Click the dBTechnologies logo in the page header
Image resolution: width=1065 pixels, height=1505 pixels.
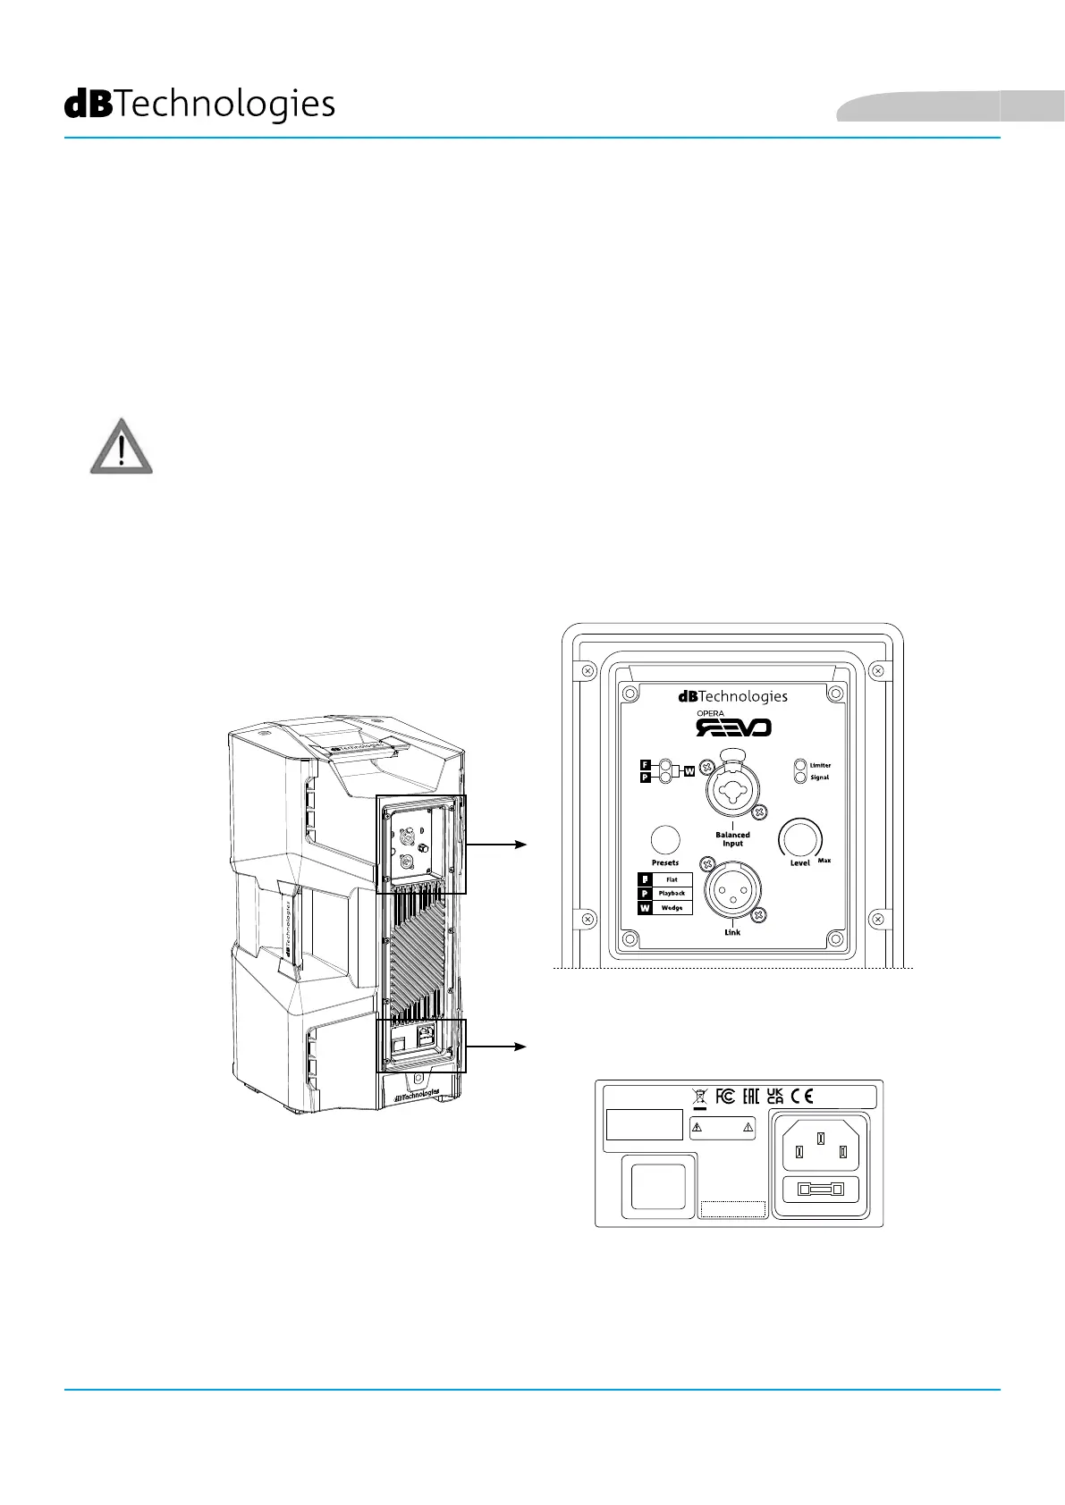(199, 105)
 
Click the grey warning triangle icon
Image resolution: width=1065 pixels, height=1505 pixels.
(122, 446)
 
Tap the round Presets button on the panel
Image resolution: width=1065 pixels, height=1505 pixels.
(664, 839)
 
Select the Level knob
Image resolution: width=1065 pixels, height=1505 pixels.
(799, 838)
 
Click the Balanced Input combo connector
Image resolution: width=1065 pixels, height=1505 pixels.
(732, 788)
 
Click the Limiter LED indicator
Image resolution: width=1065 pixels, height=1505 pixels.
(799, 765)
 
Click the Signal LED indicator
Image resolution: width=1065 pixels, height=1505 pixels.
(799, 778)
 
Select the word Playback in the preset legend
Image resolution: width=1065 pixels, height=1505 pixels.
(672, 893)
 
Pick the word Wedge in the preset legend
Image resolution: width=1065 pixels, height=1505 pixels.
(672, 907)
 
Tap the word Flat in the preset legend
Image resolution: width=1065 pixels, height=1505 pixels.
(672, 879)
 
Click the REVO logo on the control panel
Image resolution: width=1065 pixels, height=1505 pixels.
(733, 727)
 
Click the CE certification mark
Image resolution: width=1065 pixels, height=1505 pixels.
(802, 1097)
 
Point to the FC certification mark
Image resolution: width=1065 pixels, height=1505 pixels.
(725, 1097)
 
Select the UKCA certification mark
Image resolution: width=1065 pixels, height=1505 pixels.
(775, 1097)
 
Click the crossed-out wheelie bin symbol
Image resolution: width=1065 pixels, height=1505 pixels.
(699, 1097)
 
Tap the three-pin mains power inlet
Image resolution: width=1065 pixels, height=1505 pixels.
(821, 1146)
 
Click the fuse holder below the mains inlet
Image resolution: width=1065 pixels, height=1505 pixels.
(821, 1190)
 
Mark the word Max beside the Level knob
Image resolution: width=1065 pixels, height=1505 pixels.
(824, 861)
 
